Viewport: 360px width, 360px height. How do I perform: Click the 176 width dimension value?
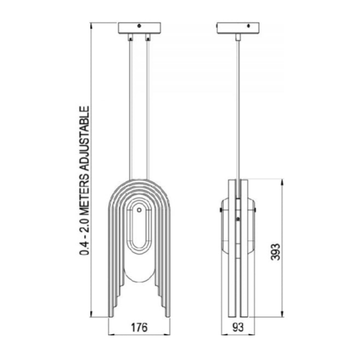pos(139,327)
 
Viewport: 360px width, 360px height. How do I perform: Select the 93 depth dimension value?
pos(238,327)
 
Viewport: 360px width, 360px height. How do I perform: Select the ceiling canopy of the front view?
pos(139,28)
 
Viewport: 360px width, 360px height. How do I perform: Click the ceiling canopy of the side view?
pos(238,28)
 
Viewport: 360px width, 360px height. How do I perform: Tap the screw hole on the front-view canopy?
pos(139,26)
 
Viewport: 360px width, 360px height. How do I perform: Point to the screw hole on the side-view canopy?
pos(248,26)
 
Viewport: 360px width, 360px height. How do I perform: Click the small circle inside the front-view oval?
pos(139,210)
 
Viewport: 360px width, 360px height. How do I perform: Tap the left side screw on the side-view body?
pos(221,209)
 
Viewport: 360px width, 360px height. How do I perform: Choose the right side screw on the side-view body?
pos(255,209)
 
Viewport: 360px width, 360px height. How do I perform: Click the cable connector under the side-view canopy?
pos(238,37)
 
